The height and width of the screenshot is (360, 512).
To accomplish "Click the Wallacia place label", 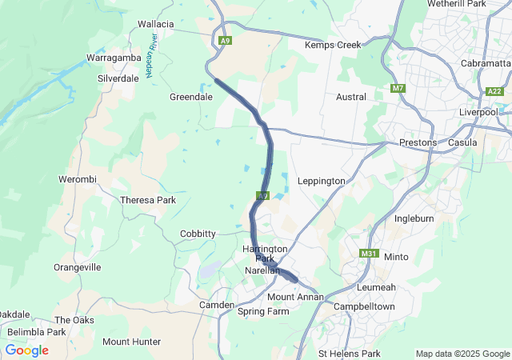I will coord(155,24).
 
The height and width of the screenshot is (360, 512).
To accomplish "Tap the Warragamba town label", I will coord(113,58).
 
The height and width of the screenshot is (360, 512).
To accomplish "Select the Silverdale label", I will coord(118,78).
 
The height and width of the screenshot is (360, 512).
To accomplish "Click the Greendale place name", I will coord(190,97).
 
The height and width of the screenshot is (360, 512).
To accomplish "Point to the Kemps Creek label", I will coord(333,46).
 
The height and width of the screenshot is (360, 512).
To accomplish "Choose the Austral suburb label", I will coord(351,97).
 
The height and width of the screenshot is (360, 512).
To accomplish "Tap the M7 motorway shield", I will coord(398,87).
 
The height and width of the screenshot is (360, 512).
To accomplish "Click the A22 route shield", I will coord(494,92).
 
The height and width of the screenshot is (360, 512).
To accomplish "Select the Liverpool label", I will coord(478,112).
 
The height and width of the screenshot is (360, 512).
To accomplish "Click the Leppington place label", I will coord(321,181).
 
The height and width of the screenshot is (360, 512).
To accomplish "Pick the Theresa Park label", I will coord(147,200).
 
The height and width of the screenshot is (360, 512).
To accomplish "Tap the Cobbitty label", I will coord(198,234).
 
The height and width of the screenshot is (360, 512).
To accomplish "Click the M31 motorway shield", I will coord(369,254).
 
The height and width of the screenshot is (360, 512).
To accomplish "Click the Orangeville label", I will coord(78,267).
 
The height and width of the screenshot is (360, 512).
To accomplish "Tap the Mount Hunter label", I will coord(131,342).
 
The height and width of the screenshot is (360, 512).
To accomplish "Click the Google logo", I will coord(26,350).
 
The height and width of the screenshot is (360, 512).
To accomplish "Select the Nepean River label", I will coord(150,61).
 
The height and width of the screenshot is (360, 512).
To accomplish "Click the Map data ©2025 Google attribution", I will coord(462,354).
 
